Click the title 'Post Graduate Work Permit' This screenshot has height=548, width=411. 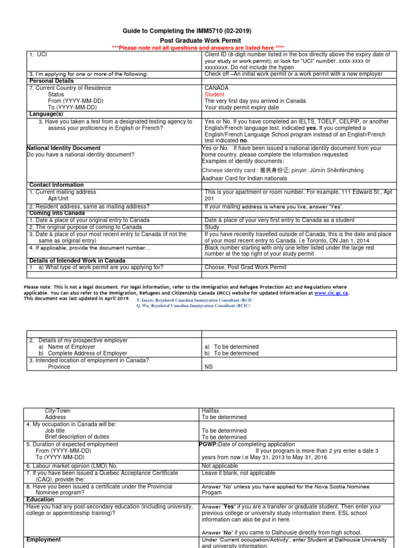(201, 41)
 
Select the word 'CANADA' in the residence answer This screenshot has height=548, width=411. (216, 88)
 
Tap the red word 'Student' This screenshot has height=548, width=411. (215, 94)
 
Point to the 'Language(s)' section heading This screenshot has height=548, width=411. (46, 114)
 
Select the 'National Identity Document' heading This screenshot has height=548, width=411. (64, 148)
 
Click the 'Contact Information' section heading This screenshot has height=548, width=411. (56, 185)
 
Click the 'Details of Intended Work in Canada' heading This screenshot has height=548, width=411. (77, 261)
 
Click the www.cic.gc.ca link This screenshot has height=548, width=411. (331, 293)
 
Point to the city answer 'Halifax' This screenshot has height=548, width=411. (211, 410)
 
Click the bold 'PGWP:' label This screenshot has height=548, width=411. (208, 444)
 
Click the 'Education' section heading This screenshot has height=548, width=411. (40, 499)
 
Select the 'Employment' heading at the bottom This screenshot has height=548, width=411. (43, 540)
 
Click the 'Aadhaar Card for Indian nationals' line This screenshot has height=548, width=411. (244, 178)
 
